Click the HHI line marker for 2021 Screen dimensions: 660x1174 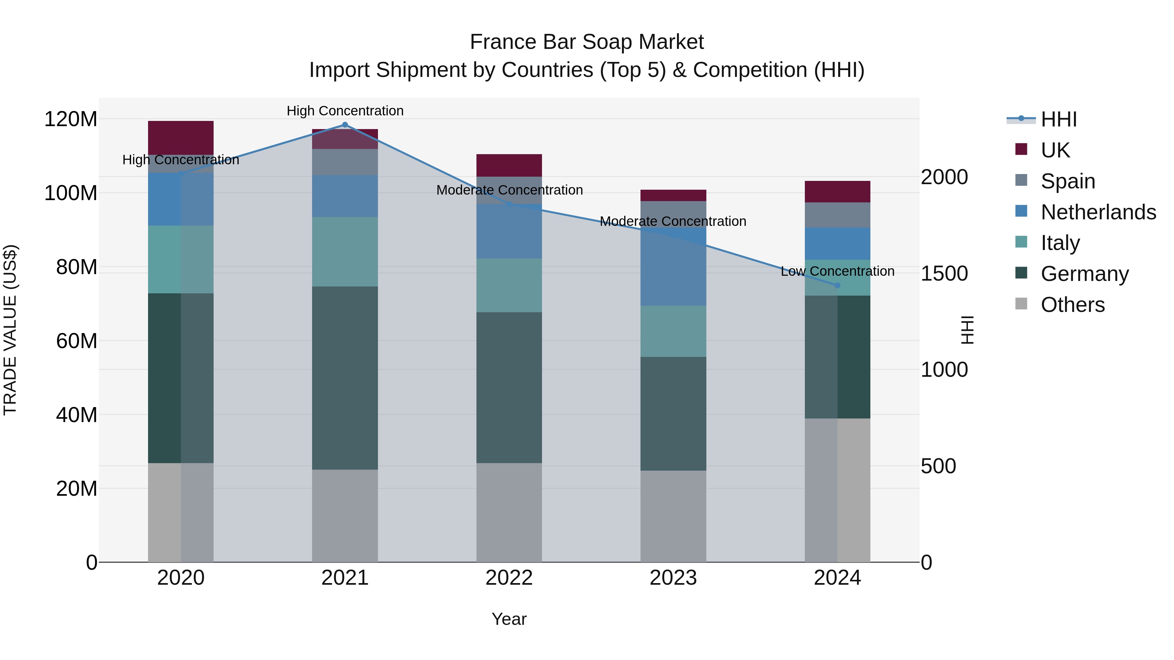point(345,125)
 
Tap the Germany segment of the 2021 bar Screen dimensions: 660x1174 point(345,378)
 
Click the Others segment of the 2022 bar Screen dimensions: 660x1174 point(509,512)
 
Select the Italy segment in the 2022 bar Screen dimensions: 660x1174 point(509,285)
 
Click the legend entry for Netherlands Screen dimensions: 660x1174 point(1098,212)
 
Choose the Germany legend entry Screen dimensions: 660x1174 point(1084,274)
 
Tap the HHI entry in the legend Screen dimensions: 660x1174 point(1058,119)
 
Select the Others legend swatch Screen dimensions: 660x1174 point(1021,304)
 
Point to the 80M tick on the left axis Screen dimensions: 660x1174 point(77,267)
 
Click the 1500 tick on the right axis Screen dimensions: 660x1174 point(944,273)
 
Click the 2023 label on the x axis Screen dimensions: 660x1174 point(673,578)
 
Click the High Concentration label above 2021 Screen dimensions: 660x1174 point(345,111)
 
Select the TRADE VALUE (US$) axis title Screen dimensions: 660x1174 point(10,330)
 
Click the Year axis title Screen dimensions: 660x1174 point(509,619)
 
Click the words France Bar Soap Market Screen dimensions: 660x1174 point(587,42)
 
